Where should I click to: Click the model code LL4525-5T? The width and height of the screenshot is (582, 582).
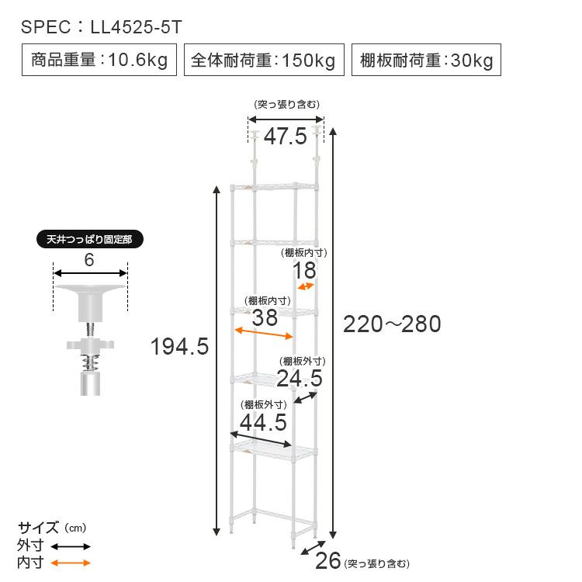click(137, 27)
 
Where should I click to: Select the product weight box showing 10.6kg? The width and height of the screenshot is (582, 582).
click(99, 60)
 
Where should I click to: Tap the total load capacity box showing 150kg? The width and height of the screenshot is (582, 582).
click(264, 60)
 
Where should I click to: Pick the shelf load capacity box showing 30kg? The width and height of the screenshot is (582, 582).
click(426, 60)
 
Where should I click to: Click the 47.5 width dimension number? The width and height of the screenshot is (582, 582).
click(286, 136)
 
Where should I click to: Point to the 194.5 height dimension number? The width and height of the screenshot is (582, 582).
click(180, 346)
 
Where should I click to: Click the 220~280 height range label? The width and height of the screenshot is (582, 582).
click(392, 324)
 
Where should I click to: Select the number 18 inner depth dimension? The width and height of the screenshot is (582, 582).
click(304, 270)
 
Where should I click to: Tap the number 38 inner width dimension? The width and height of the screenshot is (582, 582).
click(265, 317)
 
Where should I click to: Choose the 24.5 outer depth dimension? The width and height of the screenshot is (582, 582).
click(300, 378)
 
